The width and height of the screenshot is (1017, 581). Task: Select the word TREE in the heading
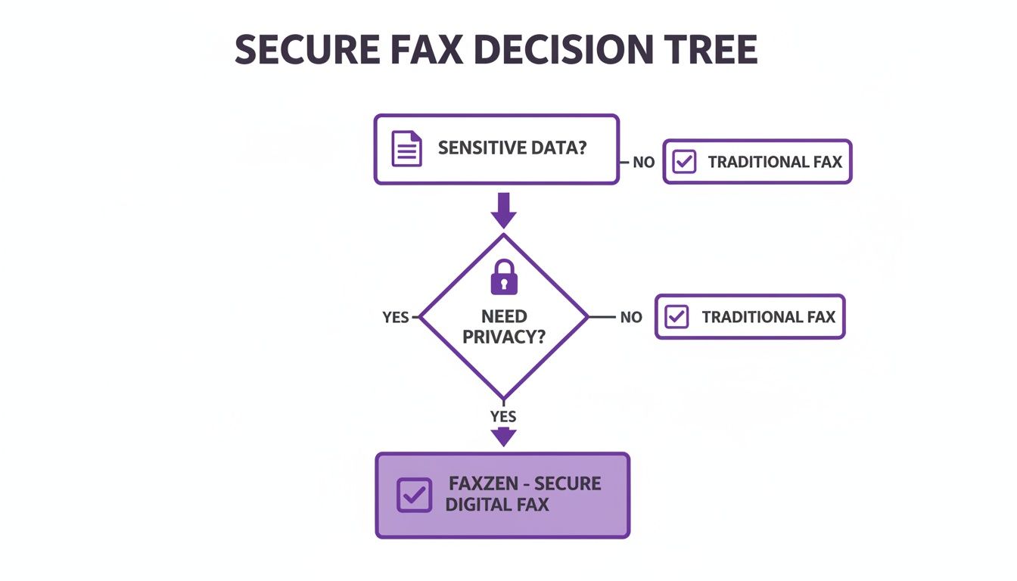point(711,51)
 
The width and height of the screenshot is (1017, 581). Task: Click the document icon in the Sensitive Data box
point(406,148)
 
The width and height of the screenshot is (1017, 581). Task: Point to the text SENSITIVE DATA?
point(512,148)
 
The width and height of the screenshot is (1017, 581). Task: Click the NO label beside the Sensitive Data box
point(643,162)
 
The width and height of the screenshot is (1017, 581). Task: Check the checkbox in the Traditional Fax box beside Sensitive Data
point(684,162)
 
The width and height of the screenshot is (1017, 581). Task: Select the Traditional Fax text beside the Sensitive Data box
point(775,162)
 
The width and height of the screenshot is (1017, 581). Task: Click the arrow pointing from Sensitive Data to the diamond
point(503,210)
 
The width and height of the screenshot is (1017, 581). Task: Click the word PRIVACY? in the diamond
point(504,337)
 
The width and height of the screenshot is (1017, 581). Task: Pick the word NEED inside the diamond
point(504,316)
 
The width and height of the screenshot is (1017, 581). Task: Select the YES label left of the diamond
point(396,318)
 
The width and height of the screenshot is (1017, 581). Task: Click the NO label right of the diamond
point(631,318)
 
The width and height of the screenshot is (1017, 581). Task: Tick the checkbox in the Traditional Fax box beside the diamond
point(676,317)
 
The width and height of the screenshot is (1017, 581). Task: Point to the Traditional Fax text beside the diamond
point(768,317)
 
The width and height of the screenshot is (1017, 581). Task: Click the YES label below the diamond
point(503,417)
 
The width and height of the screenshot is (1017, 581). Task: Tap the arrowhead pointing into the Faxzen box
point(503,437)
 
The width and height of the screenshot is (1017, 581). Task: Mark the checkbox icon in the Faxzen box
point(415,495)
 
